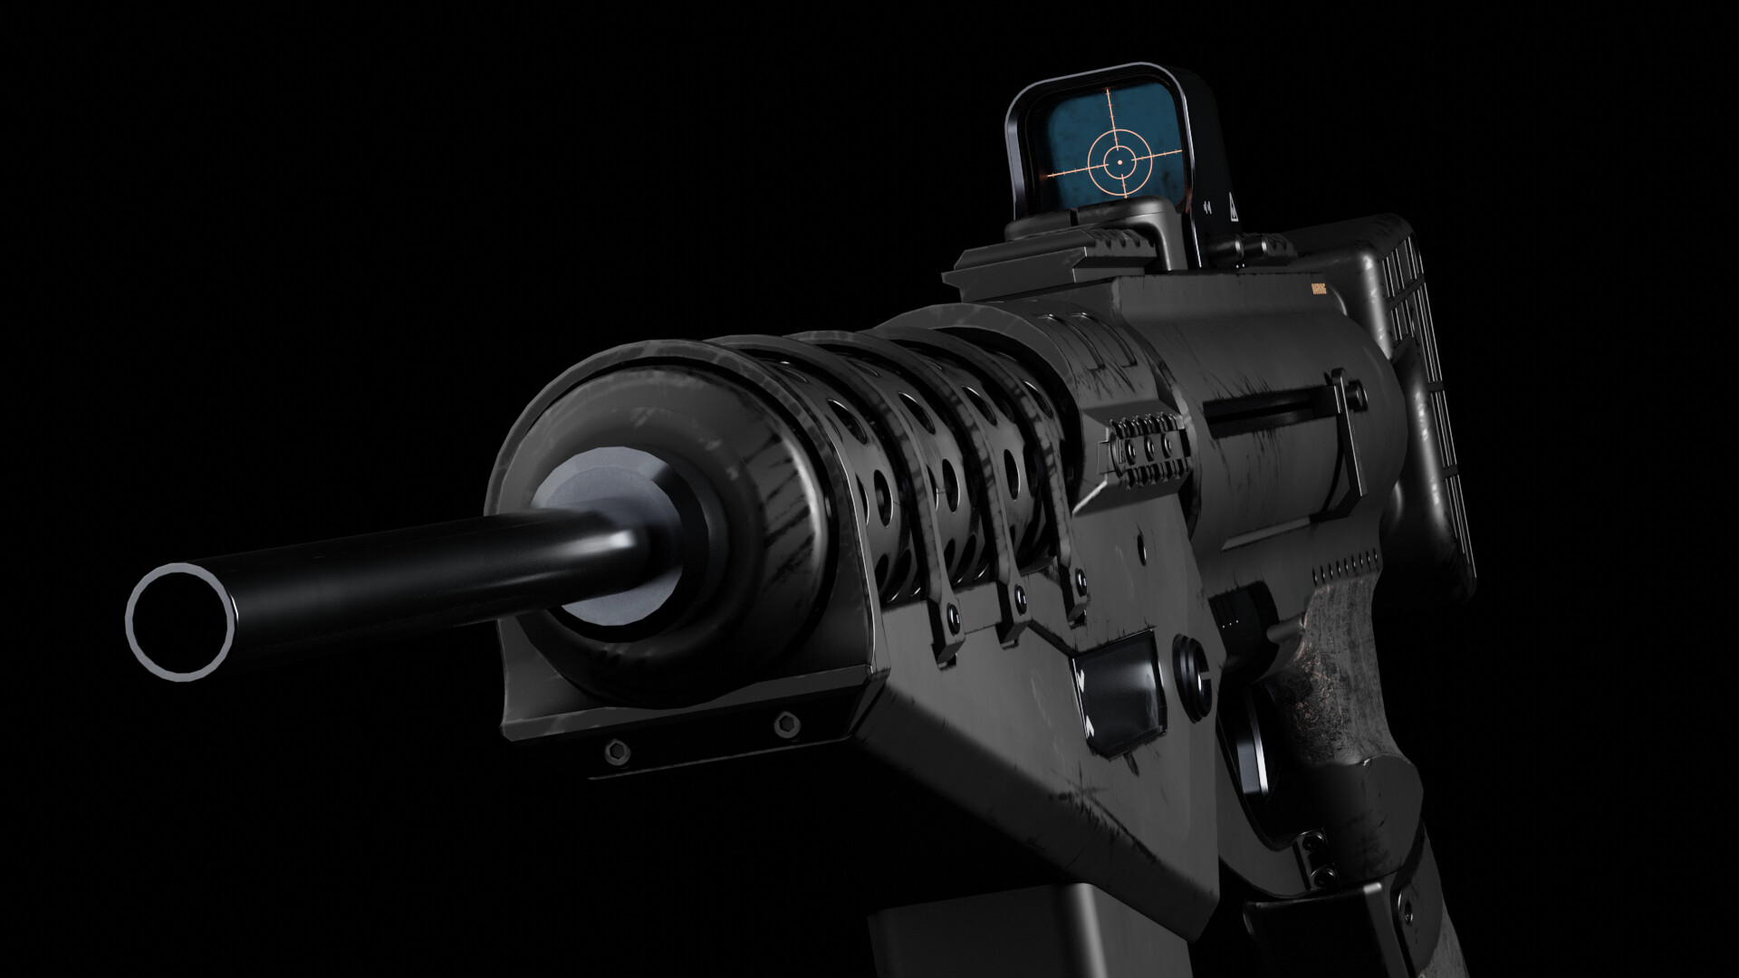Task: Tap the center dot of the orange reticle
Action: [1119, 162]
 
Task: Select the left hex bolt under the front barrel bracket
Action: [619, 749]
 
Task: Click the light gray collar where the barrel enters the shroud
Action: [598, 525]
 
